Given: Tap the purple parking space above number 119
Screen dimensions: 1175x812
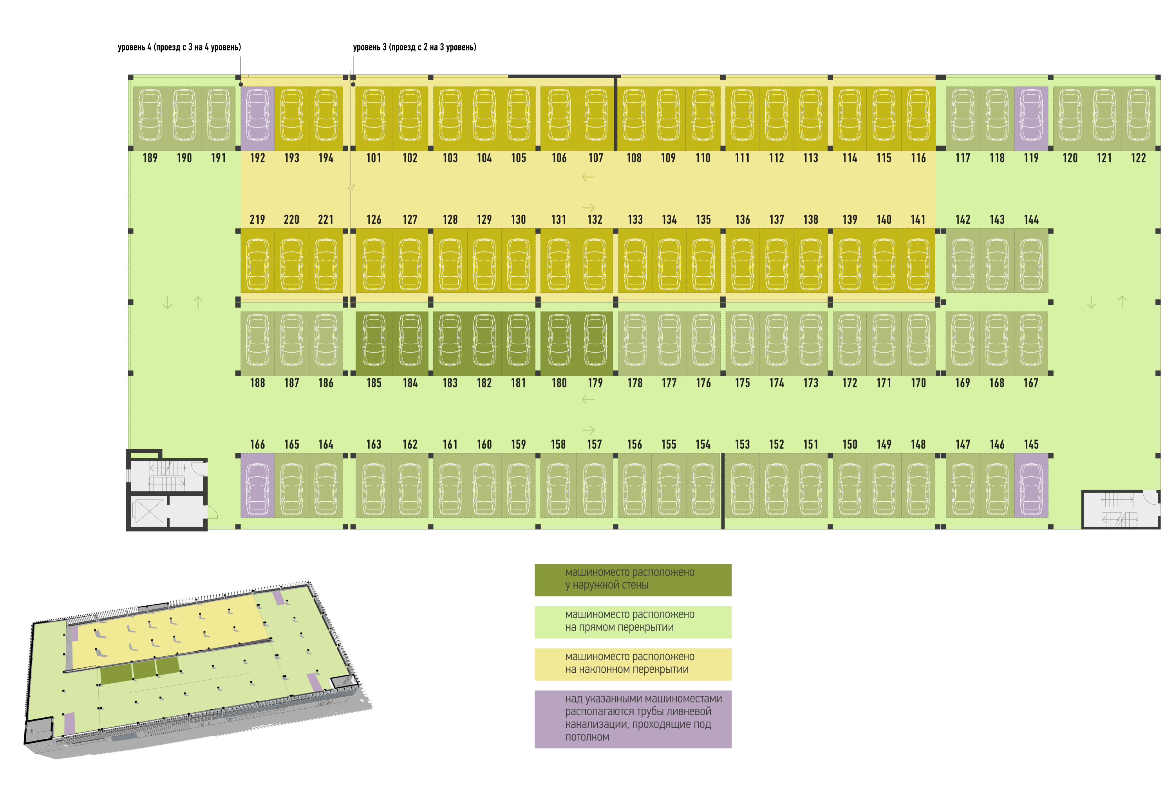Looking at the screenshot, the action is [x=1031, y=119].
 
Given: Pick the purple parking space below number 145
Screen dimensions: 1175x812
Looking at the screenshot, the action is [x=1031, y=485].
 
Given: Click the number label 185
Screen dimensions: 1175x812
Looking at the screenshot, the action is [x=374, y=383].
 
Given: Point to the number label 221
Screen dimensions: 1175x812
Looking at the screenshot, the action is [x=325, y=220].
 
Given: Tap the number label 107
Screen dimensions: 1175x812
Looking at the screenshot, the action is [x=596, y=158].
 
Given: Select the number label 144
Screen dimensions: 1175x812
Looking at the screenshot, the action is [x=1031, y=220].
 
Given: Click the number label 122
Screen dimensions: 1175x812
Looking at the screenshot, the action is [x=1138, y=158].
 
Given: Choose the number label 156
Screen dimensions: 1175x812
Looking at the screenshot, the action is [x=634, y=445].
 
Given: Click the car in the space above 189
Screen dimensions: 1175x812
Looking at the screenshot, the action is [x=150, y=115].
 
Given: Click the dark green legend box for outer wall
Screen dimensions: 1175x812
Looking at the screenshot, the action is [x=633, y=580].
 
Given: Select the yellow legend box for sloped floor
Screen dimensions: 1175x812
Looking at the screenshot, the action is [x=633, y=664].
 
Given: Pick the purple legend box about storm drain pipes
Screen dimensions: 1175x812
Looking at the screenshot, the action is [x=633, y=719].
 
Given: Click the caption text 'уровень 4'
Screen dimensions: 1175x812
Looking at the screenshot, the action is [x=134, y=47].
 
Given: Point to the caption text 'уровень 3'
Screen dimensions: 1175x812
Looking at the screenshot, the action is [x=370, y=47].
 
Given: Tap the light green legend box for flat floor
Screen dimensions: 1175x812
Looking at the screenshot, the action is [x=633, y=622].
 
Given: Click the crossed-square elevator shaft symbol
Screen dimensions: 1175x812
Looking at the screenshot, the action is [x=150, y=511].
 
